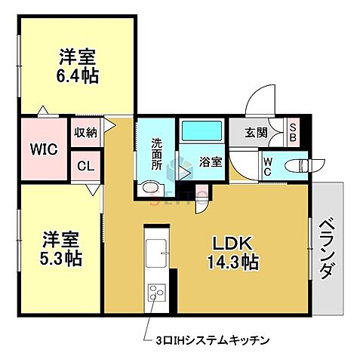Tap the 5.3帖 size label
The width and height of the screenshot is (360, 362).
point(62,258)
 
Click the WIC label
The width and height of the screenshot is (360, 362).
point(43,149)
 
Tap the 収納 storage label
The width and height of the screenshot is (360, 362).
point(85,133)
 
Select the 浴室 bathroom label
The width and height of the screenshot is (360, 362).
point(210,161)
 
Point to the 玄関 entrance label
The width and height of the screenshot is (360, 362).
point(256,133)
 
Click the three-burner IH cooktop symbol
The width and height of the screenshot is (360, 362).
point(158,292)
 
